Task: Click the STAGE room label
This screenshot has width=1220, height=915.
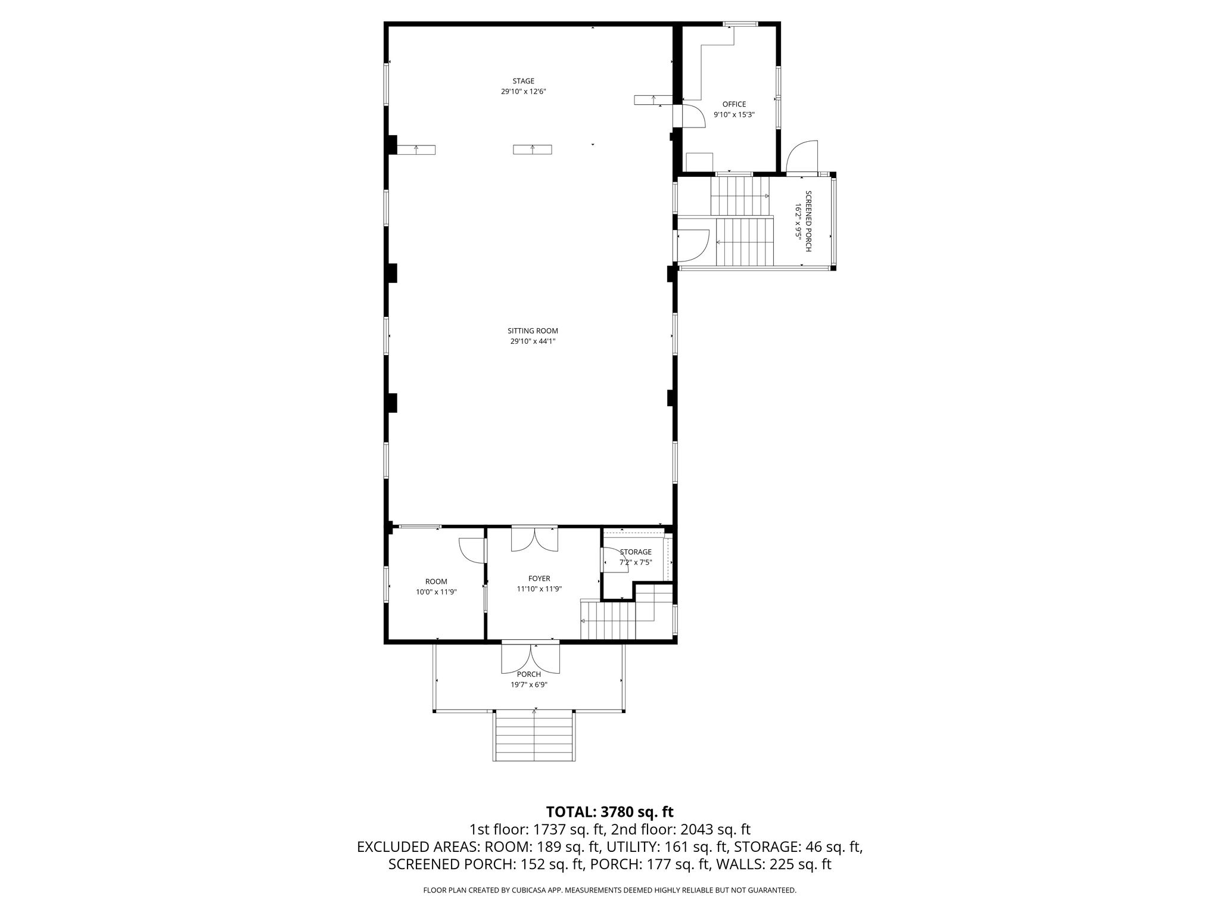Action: [524, 81]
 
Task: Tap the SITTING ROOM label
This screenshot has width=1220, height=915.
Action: [533, 331]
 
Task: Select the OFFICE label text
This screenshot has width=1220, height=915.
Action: [734, 104]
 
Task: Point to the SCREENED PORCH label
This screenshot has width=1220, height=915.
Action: [808, 221]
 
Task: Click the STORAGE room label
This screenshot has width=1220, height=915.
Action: [636, 552]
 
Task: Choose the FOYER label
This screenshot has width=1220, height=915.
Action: [539, 578]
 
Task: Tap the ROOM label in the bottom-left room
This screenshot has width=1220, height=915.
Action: [436, 581]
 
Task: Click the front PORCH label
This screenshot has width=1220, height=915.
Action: [529, 674]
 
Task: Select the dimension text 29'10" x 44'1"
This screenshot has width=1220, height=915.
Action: [533, 341]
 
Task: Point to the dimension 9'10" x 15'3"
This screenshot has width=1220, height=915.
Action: [734, 114]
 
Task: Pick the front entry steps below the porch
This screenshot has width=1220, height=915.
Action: [534, 736]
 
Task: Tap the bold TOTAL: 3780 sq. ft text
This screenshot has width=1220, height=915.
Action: [609, 811]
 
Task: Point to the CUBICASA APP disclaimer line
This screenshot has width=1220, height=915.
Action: [609, 890]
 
